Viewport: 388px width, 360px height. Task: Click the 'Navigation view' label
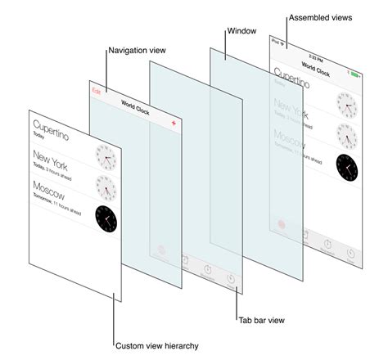(136, 51)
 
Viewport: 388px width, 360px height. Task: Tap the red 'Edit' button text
(97, 89)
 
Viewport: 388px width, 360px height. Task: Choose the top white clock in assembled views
(347, 105)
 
